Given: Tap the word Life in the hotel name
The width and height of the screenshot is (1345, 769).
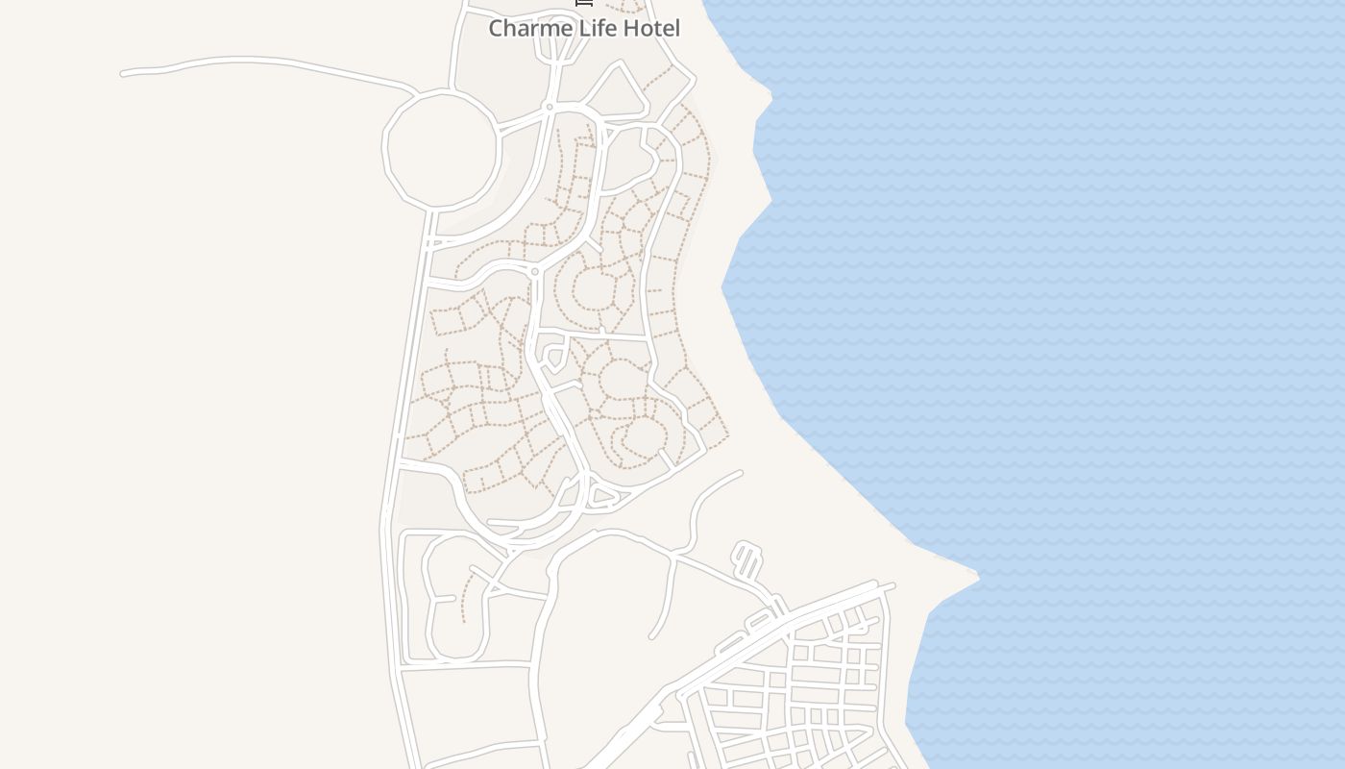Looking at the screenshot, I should click(592, 28).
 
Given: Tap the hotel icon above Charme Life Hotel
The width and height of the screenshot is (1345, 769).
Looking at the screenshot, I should click(583, 3).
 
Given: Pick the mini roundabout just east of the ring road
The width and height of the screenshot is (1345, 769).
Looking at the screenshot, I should click(550, 107).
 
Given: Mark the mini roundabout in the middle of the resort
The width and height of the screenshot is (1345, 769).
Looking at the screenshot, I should click(535, 272).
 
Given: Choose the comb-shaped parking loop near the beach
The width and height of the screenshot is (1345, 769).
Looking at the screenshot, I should click(746, 560).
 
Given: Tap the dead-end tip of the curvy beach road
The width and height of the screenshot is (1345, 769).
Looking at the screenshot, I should click(740, 472).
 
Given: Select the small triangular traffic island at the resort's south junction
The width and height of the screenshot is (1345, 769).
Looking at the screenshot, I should click(600, 497).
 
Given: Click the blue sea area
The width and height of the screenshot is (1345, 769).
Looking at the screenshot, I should click(1105, 288).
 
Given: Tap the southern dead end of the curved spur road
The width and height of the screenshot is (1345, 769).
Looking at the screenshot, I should click(652, 636).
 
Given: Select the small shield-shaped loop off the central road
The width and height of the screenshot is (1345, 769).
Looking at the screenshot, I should click(553, 359).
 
